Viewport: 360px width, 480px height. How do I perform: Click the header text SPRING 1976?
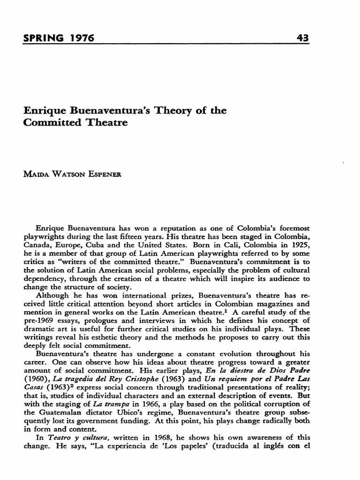click(x=59, y=37)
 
